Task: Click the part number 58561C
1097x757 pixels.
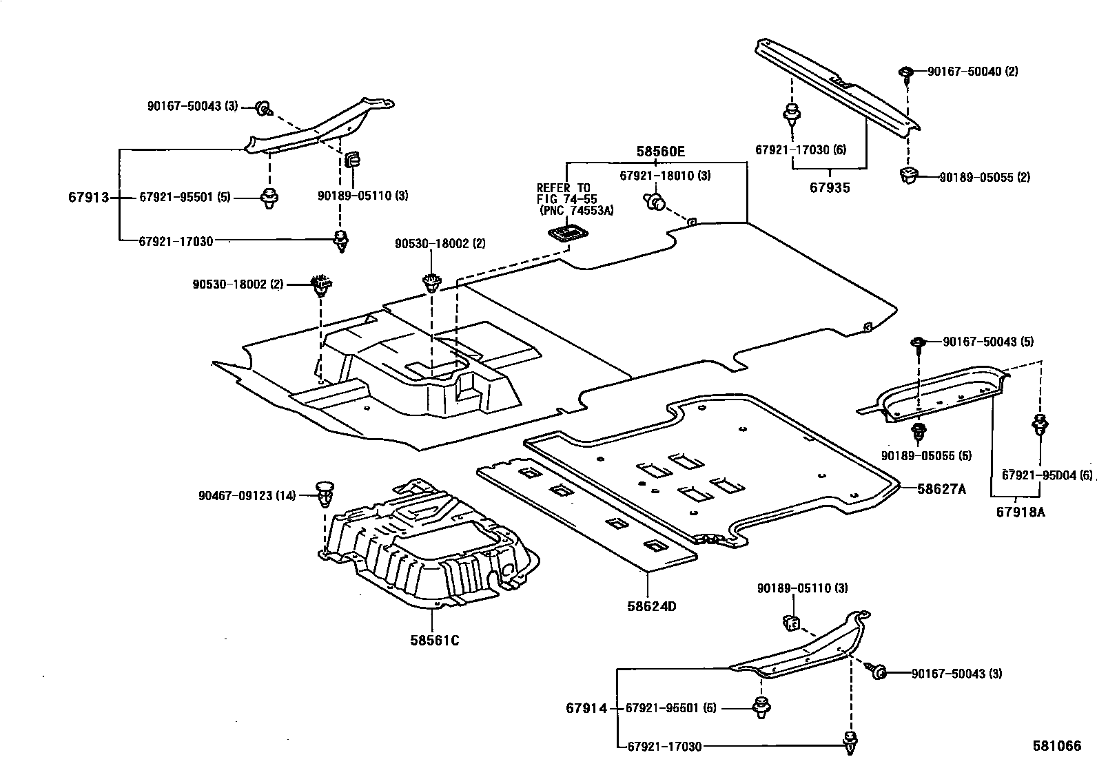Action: pos(434,641)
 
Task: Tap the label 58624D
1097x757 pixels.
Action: pos(651,607)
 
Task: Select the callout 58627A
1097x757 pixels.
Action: pos(941,490)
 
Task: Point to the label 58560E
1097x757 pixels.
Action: pos(660,152)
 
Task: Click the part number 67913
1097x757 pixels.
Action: pos(89,198)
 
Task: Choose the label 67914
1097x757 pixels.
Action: pos(586,708)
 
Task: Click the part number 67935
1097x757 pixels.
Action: pos(830,187)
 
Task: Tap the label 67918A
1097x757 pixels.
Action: pos(1021,512)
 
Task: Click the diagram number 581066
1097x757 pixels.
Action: pos(1056,746)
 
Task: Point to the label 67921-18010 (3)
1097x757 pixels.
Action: pos(665,176)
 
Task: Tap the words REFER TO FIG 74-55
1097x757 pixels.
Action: pos(564,194)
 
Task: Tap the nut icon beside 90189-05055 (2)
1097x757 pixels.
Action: pos(910,175)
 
